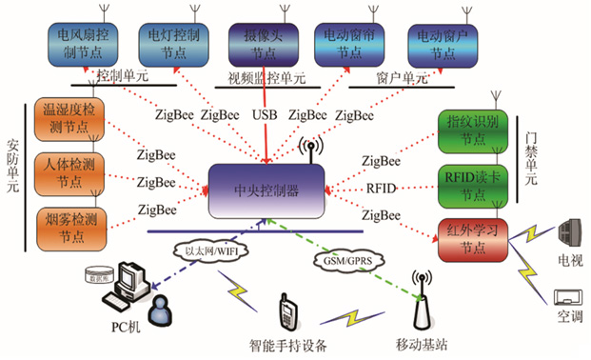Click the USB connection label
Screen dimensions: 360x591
[x=266, y=115]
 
